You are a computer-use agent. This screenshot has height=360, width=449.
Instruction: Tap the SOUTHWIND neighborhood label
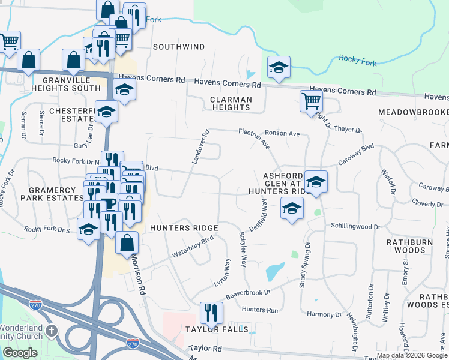(x=178, y=46)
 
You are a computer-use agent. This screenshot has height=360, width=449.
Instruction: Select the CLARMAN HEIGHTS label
(x=231, y=103)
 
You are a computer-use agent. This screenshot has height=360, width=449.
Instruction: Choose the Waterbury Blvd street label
(x=192, y=248)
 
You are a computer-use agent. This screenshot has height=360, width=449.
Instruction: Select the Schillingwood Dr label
(x=356, y=227)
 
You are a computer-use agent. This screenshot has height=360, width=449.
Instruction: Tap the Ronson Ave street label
(x=285, y=133)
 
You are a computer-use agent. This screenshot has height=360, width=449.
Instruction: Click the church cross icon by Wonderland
(x=52, y=330)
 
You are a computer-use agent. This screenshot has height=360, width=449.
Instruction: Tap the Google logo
(x=20, y=353)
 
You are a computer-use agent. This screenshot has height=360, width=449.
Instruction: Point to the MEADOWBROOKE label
(x=413, y=112)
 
